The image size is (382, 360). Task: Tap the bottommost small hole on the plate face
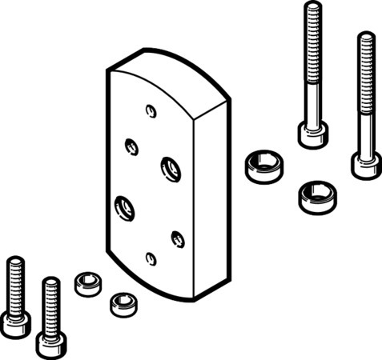pos(151,258)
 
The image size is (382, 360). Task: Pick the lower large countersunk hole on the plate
pos(125,208)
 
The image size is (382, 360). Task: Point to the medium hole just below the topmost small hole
pos(131,146)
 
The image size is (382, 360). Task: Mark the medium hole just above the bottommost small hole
pos(178,237)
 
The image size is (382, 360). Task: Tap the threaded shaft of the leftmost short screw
pos(14,283)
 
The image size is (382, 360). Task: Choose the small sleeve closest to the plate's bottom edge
pos(120,302)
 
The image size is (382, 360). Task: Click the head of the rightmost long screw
pos(365,163)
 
